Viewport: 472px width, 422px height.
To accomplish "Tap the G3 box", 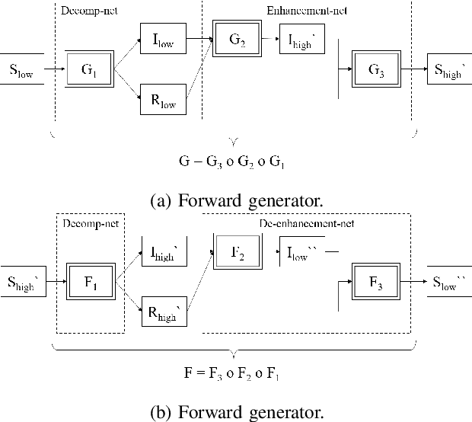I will pyautogui.click(x=376, y=70).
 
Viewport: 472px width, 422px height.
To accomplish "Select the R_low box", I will pyautogui.click(x=164, y=101).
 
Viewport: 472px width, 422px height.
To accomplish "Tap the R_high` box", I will pyautogui.click(x=164, y=312).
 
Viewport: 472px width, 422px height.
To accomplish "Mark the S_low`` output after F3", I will pyautogui.click(x=449, y=281).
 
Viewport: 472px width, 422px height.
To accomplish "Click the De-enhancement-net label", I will pyautogui.click(x=308, y=223).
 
